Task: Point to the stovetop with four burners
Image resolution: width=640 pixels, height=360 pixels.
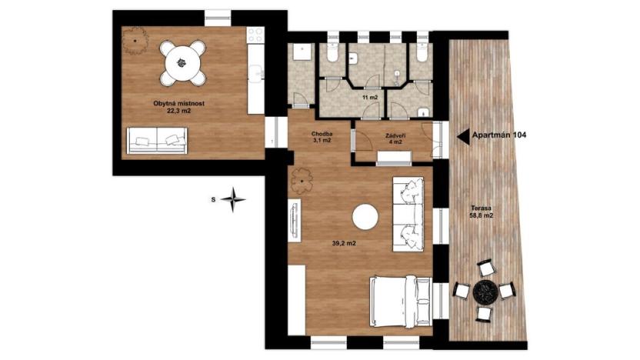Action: coord(254,34)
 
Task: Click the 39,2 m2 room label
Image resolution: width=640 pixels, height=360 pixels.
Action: coord(343,244)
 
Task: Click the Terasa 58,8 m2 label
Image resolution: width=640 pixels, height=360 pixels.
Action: coord(482,213)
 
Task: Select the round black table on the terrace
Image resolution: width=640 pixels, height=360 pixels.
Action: coord(485,291)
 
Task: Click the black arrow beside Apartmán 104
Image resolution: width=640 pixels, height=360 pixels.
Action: coord(463,135)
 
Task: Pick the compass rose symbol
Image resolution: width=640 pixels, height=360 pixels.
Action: coord(233,199)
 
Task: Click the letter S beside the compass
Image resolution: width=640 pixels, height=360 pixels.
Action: coord(213,199)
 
